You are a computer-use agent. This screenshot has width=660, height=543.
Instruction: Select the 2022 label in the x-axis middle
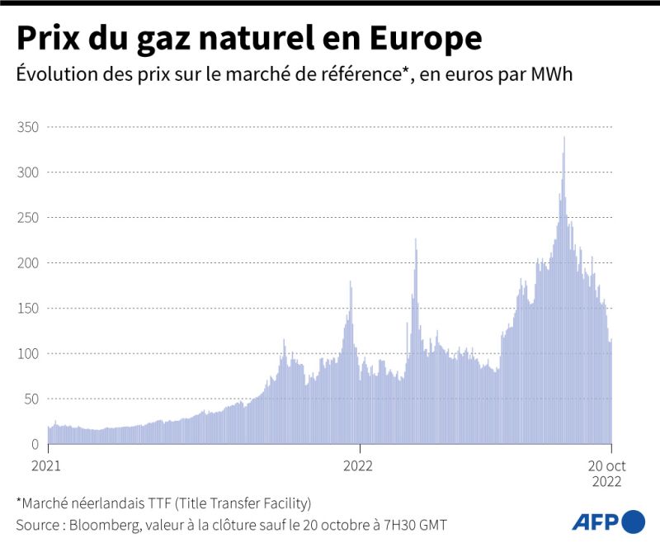pyautogui.click(x=358, y=465)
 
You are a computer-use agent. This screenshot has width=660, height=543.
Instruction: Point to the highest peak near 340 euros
pyautogui.click(x=563, y=138)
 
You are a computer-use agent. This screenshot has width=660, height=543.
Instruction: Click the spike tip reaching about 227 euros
pyautogui.click(x=415, y=239)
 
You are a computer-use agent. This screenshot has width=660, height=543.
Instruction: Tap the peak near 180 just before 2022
pyautogui.click(x=351, y=282)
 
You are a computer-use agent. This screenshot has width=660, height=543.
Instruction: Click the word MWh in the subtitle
pyautogui.click(x=552, y=74)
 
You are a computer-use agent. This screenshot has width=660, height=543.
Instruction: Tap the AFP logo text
pyautogui.click(x=595, y=522)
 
